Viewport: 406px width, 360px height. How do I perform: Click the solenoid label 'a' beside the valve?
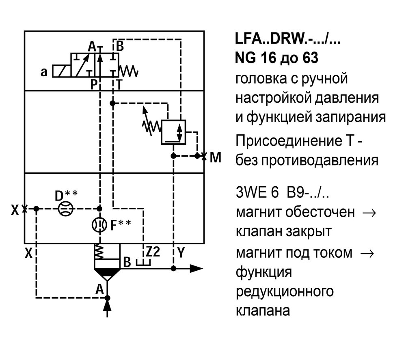click(44, 72)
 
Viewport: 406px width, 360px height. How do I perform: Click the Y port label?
click(181, 253)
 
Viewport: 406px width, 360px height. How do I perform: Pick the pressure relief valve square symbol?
click(173, 132)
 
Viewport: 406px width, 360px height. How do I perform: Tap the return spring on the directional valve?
click(131, 71)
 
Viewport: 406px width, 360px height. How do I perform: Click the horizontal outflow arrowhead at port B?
click(197, 268)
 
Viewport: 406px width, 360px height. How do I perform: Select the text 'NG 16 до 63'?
click(276, 58)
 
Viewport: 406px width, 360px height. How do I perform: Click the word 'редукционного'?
click(285, 291)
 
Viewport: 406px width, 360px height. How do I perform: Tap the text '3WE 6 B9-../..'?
click(282, 192)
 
